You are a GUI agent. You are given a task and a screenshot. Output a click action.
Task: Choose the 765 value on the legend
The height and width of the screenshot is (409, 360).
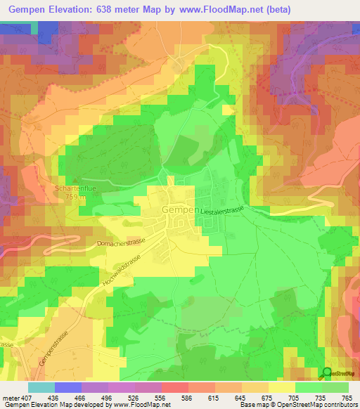pos(347,397)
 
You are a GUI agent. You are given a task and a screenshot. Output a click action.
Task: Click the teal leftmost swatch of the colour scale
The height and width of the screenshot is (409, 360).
pos(41,387)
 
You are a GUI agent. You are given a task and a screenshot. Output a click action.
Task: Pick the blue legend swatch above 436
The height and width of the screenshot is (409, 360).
pos(68,387)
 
